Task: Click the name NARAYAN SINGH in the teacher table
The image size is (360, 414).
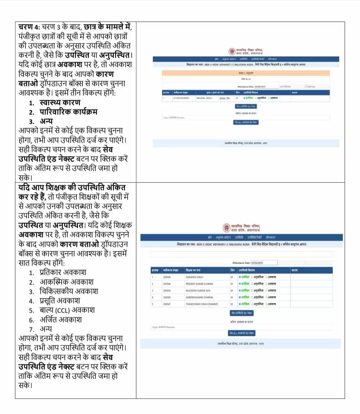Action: (x=194, y=277)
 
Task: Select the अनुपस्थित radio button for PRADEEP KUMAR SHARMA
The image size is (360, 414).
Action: (x=252, y=284)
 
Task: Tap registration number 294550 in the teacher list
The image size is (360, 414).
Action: (x=167, y=291)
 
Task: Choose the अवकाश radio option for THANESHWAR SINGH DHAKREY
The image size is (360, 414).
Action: (x=266, y=304)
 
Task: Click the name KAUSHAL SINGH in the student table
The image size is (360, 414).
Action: (x=204, y=98)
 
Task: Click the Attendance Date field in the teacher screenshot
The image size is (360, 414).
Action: (x=264, y=263)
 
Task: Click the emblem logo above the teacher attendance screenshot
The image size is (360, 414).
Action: (x=227, y=228)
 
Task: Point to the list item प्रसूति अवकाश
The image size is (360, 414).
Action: (x=60, y=301)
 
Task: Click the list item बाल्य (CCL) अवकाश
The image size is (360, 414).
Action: (x=67, y=310)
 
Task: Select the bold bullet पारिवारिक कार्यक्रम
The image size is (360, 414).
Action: (x=68, y=112)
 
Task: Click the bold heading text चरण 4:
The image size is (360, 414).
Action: (x=29, y=27)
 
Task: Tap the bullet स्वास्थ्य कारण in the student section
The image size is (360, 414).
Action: (x=60, y=102)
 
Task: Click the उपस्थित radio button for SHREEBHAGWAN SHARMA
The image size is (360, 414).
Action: (x=240, y=297)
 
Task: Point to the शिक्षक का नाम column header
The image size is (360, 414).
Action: (x=193, y=270)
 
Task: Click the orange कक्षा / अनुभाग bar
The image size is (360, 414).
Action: (x=246, y=73)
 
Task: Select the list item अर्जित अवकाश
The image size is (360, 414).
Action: (x=60, y=320)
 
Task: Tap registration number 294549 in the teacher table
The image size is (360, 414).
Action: (x=167, y=297)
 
